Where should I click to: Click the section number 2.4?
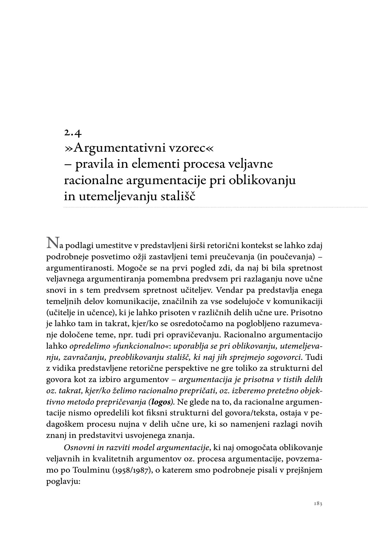tap(72, 132)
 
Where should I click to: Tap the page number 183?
tap(318, 503)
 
